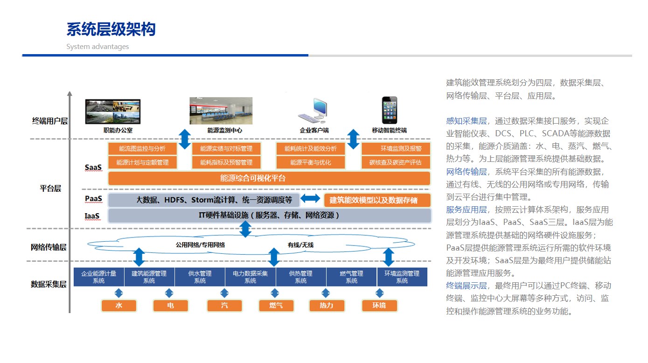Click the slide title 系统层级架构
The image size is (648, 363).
(x=111, y=29)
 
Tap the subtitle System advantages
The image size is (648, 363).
(x=98, y=47)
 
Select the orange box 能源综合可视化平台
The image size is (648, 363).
(x=269, y=178)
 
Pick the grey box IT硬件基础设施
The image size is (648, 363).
(x=269, y=216)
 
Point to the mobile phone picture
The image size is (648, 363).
(x=389, y=111)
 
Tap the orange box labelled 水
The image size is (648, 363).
(x=119, y=306)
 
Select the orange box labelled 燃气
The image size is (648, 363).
(x=276, y=306)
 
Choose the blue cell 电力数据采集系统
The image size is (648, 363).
(x=251, y=277)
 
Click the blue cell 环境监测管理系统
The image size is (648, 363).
(x=402, y=277)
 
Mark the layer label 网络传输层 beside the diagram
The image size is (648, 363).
(x=49, y=247)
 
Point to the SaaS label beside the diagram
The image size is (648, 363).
(x=93, y=167)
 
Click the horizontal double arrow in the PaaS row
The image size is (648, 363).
(x=310, y=199)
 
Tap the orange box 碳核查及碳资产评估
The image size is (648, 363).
(x=395, y=162)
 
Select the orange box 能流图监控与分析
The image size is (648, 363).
(x=142, y=149)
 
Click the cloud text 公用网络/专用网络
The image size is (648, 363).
(x=200, y=244)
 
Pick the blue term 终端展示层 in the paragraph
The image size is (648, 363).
(x=466, y=286)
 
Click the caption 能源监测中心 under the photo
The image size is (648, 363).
(x=224, y=130)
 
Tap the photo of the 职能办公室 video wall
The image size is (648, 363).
(x=113, y=112)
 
